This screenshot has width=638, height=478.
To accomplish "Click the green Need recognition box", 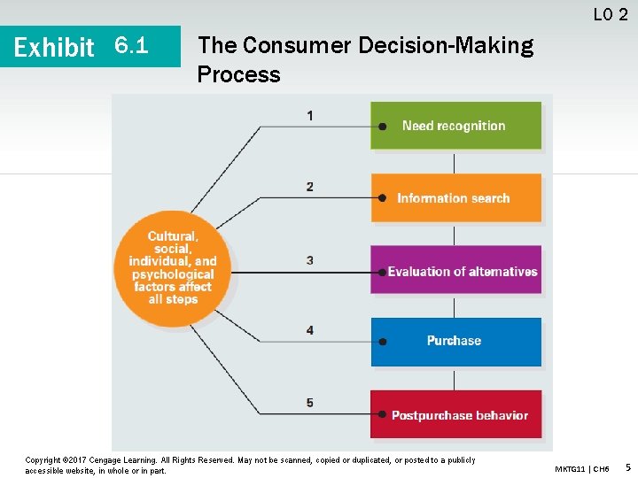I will coord(455,126).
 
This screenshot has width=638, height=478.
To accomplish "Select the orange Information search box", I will coord(455,198).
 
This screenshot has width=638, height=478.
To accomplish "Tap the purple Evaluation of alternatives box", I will coord(455,271).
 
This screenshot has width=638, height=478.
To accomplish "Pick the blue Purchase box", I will coord(455,341).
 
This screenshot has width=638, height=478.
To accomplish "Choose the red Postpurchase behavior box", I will coord(455,414).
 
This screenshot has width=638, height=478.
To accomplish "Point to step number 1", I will coord(309,115).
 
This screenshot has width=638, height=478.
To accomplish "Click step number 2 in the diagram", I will coord(309,187).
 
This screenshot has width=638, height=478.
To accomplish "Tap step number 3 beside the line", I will coord(309,260).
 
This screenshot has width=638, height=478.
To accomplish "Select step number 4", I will coord(309,330).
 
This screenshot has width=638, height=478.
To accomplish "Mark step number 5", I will coord(309,403).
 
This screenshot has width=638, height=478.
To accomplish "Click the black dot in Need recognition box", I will coord(382,127).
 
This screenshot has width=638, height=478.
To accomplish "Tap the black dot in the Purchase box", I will coord(382,342).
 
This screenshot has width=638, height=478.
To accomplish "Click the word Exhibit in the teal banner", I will coord(54,47).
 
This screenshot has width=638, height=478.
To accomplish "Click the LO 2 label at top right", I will coord(611,14).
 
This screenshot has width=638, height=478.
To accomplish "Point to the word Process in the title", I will coord(238,74).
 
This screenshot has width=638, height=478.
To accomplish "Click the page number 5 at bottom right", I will coord(627,466).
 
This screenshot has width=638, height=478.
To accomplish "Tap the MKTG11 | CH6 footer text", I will coord(582,468).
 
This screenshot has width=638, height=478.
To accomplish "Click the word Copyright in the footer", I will coord(43,460).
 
